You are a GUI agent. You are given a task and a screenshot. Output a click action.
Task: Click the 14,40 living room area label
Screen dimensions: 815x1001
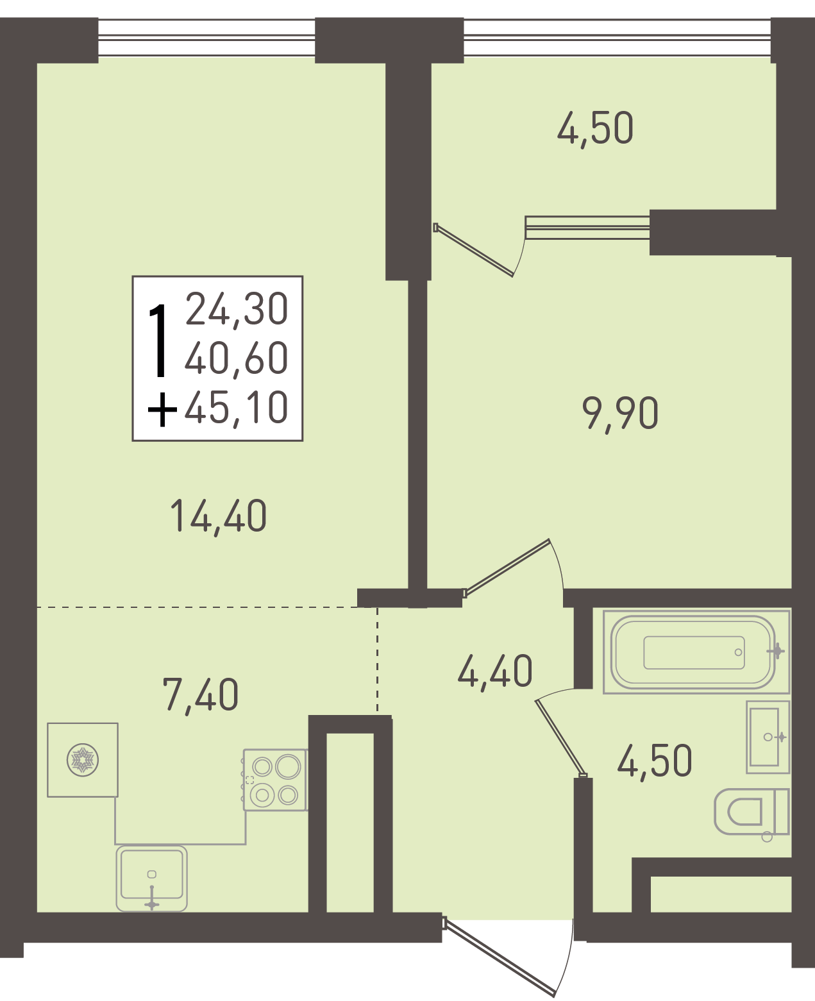[219, 517]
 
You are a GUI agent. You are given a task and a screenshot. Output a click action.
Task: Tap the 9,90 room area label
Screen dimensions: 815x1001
[620, 414]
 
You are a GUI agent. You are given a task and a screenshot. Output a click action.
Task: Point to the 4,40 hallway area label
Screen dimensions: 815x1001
[495, 671]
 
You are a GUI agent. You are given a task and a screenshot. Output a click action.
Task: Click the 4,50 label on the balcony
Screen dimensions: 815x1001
[595, 128]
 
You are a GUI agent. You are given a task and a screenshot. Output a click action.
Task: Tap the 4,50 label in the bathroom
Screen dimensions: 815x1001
[654, 761]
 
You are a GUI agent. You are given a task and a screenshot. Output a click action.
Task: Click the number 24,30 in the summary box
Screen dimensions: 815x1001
[237, 309]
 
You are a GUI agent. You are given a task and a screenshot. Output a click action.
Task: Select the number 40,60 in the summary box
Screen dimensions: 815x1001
[237, 358]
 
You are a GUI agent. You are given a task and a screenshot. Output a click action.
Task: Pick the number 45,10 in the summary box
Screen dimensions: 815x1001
[237, 407]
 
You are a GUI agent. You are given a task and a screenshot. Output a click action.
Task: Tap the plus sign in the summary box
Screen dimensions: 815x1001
[162, 410]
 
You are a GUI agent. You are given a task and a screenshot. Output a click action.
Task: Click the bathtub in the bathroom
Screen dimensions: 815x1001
[696, 652]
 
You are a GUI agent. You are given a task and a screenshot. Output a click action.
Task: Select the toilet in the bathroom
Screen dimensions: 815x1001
[752, 812]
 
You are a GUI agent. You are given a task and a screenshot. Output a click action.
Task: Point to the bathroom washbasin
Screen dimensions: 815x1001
[768, 737]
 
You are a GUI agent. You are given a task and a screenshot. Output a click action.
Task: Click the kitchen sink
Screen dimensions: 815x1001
[151, 879]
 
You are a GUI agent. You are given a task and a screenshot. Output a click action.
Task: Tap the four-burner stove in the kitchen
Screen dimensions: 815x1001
[276, 780]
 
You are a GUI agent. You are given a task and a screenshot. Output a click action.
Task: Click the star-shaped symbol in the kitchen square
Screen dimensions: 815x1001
[83, 760]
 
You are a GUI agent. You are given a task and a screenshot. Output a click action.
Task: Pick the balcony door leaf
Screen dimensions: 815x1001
[473, 249]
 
